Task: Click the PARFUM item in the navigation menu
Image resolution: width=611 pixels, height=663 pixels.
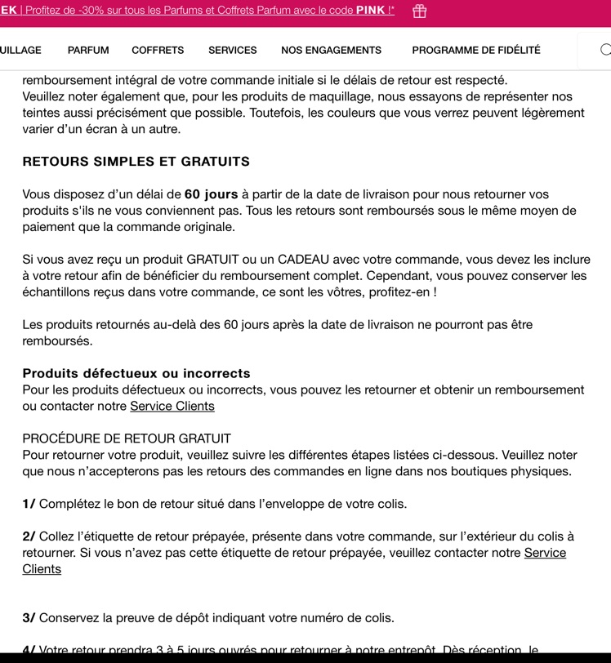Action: coord(88,50)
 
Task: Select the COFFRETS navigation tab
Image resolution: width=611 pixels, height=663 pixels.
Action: coord(158,50)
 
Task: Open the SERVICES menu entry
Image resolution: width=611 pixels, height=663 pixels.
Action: coord(232,50)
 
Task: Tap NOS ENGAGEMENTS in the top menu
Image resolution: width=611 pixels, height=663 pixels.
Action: coord(331,50)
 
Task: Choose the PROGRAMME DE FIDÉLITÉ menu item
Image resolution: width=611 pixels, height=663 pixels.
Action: coord(476,50)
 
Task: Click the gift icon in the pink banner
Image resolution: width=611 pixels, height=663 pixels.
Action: coord(419,11)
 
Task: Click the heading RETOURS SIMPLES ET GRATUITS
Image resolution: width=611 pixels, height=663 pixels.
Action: coord(136,162)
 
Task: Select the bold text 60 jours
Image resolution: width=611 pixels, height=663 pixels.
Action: coord(211,194)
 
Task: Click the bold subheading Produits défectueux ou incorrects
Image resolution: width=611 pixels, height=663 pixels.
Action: coord(136,373)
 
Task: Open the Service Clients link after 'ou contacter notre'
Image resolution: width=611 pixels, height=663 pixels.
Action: coord(172,406)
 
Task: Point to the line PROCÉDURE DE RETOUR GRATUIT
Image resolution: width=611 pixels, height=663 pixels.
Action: coord(127,438)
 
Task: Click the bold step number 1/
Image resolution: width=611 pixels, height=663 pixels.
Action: coord(29,504)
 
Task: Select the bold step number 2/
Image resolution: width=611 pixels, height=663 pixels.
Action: coord(29,536)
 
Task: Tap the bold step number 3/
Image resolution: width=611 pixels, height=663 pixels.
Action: coord(29,618)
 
